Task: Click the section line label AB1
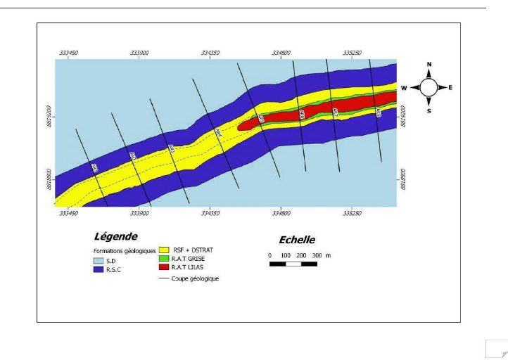click(94, 167)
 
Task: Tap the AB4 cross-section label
click(218, 132)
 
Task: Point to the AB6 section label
click(302, 114)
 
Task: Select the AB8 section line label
click(378, 111)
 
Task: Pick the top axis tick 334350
click(211, 53)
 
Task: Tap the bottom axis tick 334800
click(281, 212)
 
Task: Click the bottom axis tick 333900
click(140, 212)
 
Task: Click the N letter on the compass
click(429, 65)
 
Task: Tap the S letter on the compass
click(429, 111)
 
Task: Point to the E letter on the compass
click(450, 88)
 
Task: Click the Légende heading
click(115, 236)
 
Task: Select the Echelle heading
click(297, 240)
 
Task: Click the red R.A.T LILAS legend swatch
click(165, 267)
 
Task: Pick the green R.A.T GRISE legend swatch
click(165, 258)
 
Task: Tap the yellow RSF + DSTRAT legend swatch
click(165, 250)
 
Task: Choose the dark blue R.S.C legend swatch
click(99, 268)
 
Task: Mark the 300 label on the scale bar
click(317, 255)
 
